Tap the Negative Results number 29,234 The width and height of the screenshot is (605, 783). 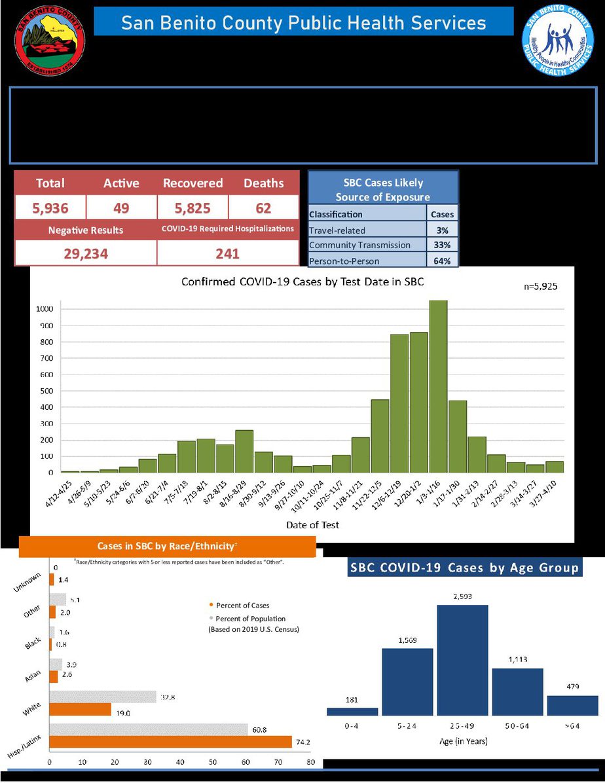[x=86, y=253]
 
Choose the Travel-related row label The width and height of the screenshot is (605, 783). [x=338, y=230]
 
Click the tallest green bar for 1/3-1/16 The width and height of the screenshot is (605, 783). [x=438, y=386]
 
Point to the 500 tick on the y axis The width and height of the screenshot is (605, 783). [x=45, y=391]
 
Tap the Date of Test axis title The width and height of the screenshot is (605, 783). [x=312, y=525]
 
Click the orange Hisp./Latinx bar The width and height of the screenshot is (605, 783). [x=170, y=742]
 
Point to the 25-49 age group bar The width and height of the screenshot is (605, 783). [x=462, y=660]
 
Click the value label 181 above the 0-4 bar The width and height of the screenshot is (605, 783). [x=352, y=700]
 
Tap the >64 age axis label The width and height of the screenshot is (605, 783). [x=572, y=726]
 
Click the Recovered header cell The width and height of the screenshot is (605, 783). [x=192, y=183]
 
